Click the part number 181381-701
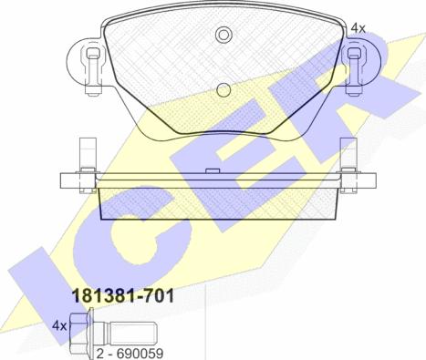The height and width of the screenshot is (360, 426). (123, 295)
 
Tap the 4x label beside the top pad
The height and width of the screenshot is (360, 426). (358, 28)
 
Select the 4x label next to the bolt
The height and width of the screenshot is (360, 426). (59, 326)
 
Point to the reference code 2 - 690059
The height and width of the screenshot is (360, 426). (130, 354)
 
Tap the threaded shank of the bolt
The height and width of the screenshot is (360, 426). (132, 333)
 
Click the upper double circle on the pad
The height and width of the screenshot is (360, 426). (223, 35)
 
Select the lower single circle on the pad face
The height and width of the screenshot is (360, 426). (223, 90)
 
